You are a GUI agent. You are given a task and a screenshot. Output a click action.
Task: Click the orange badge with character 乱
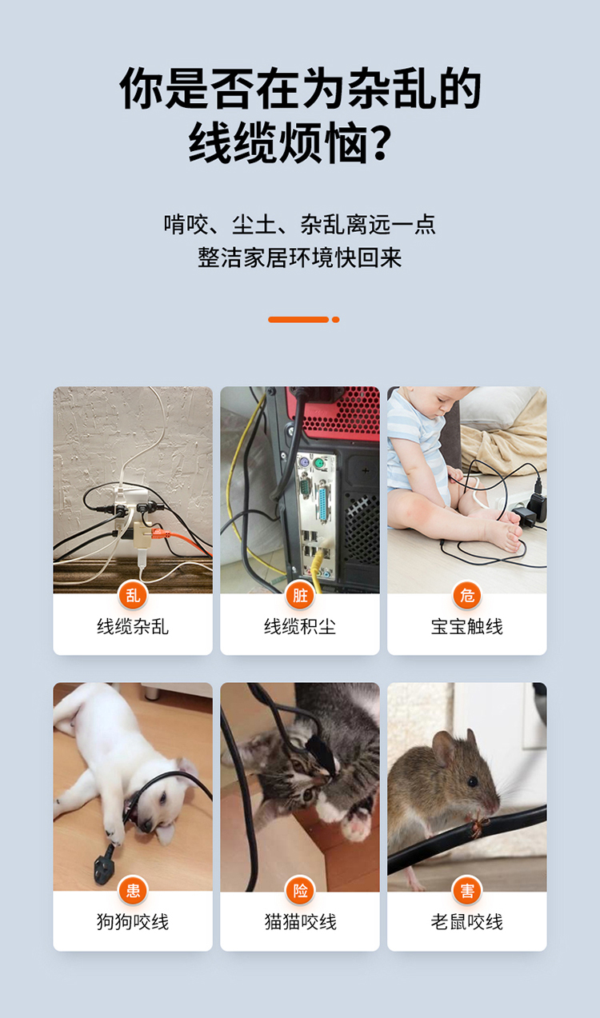tap(133, 595)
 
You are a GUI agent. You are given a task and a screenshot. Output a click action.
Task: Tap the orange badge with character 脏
tap(300, 595)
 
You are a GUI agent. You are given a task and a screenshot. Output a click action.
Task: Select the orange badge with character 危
tap(467, 595)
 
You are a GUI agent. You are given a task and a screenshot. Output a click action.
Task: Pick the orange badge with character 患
tap(133, 891)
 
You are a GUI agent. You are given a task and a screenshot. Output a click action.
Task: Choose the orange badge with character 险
tap(300, 891)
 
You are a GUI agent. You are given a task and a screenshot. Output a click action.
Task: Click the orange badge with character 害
tap(467, 891)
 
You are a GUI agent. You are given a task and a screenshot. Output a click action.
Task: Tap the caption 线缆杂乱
tap(133, 627)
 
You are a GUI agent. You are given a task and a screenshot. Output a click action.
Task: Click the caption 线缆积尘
tap(300, 627)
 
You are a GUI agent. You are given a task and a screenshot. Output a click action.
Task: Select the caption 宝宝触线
tap(467, 627)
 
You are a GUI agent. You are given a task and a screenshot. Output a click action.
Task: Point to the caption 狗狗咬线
tap(133, 922)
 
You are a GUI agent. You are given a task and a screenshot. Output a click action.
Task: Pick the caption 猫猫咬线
tap(300, 922)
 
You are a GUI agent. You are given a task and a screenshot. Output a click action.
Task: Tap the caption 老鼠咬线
tap(467, 922)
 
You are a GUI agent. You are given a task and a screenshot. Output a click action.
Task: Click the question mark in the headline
tap(378, 142)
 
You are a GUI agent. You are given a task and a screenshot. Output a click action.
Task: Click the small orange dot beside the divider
tap(335, 320)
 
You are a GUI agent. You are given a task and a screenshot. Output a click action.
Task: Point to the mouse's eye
tap(473, 782)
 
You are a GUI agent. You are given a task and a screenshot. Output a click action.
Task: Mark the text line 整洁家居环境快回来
tap(300, 257)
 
